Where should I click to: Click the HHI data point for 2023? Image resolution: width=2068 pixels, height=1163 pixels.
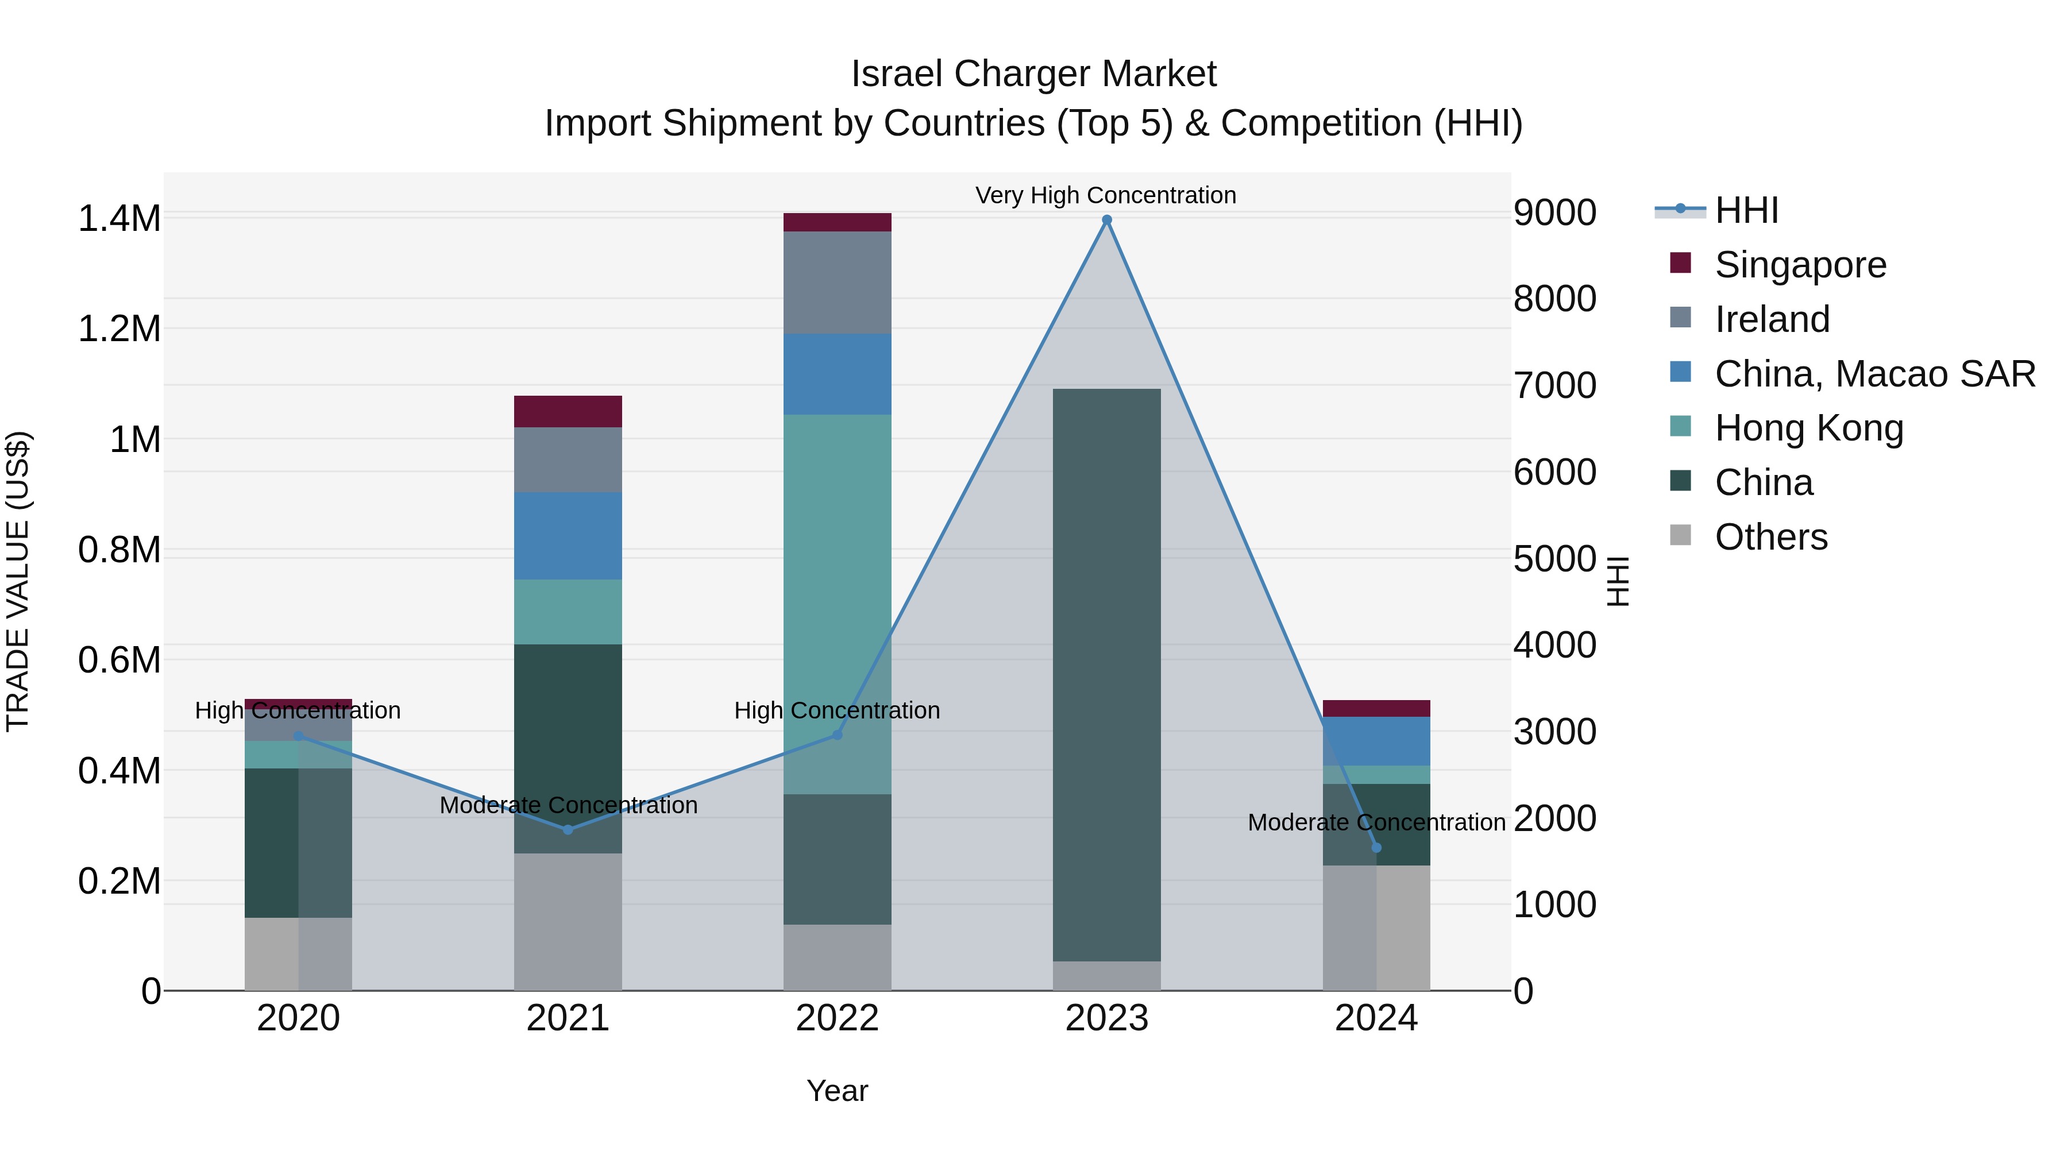(x=1106, y=220)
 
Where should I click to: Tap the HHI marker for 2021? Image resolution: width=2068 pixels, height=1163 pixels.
(x=568, y=829)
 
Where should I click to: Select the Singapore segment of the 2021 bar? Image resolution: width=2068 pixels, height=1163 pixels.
(x=568, y=411)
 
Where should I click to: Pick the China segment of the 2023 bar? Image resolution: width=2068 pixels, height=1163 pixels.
(x=1106, y=674)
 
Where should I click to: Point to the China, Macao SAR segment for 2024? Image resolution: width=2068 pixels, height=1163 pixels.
(x=1376, y=740)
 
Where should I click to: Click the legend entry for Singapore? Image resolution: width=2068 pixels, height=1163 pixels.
(x=1800, y=265)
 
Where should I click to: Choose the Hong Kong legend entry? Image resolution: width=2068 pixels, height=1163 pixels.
(x=1808, y=428)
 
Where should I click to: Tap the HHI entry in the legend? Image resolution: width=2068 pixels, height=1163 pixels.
(x=1746, y=210)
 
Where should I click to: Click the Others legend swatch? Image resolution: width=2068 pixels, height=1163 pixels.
(x=1680, y=535)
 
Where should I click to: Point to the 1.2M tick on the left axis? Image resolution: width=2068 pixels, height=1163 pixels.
(x=119, y=329)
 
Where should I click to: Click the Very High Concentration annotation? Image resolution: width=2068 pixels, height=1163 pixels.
(x=1105, y=195)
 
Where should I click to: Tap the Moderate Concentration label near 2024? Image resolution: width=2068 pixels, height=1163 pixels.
(x=1376, y=822)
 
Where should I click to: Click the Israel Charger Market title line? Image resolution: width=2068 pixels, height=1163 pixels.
(x=1033, y=74)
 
